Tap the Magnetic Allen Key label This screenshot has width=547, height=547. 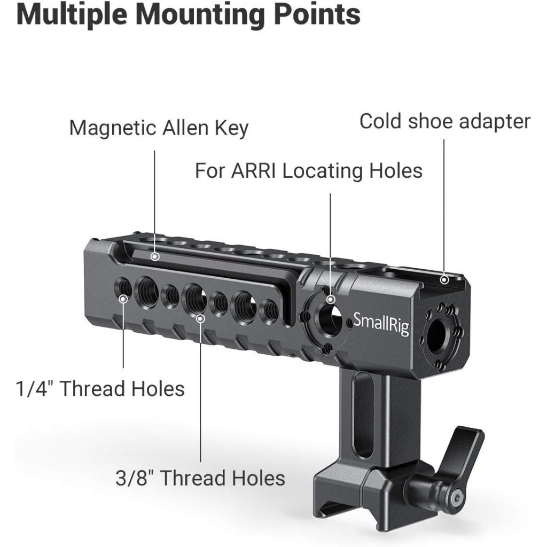(159, 128)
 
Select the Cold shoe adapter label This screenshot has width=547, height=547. (444, 121)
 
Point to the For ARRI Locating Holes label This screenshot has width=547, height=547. (308, 171)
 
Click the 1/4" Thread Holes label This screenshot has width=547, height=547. (99, 388)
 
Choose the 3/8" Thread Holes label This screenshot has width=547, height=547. (200, 478)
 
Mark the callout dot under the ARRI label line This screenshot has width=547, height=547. (331, 299)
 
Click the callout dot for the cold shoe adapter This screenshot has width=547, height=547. (444, 279)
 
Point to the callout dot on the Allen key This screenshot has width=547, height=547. (155, 257)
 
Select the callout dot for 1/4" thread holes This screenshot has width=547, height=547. (123, 299)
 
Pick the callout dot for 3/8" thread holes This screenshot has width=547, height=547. (200, 319)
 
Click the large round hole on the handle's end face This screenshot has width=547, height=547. (436, 335)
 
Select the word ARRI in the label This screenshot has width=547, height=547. (257, 171)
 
